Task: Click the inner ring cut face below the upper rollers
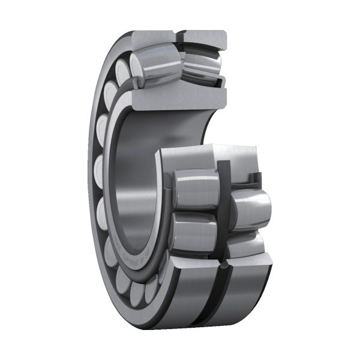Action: click(x=174, y=96)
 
